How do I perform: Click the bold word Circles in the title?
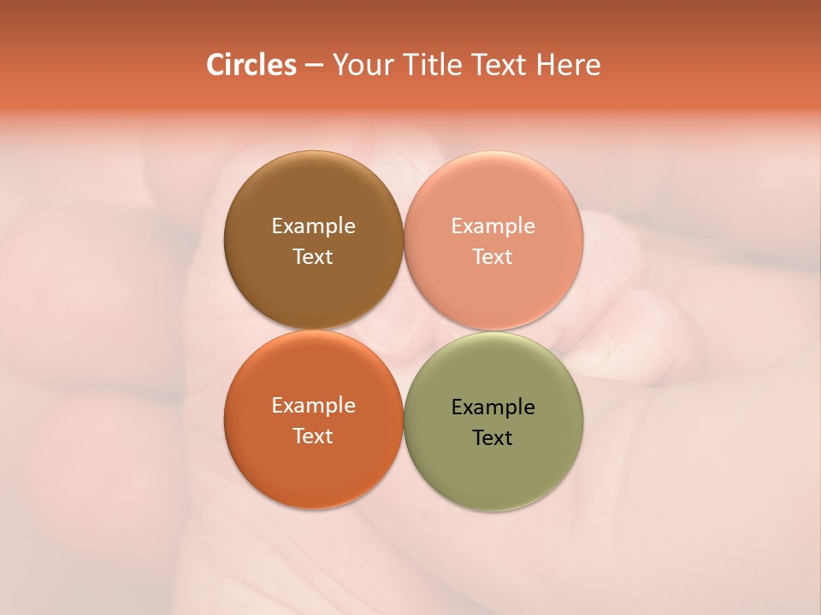tap(251, 65)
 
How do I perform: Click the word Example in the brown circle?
tap(313, 226)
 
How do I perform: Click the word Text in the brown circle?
tap(313, 256)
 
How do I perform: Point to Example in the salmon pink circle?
tap(493, 226)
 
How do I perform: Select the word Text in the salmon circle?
tap(493, 256)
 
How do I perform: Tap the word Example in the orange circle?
tap(313, 406)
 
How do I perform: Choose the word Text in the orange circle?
tap(313, 436)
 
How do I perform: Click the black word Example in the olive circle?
tap(493, 407)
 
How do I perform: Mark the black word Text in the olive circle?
tap(493, 437)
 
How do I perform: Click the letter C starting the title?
tap(216, 65)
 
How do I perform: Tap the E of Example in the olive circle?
tap(457, 407)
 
